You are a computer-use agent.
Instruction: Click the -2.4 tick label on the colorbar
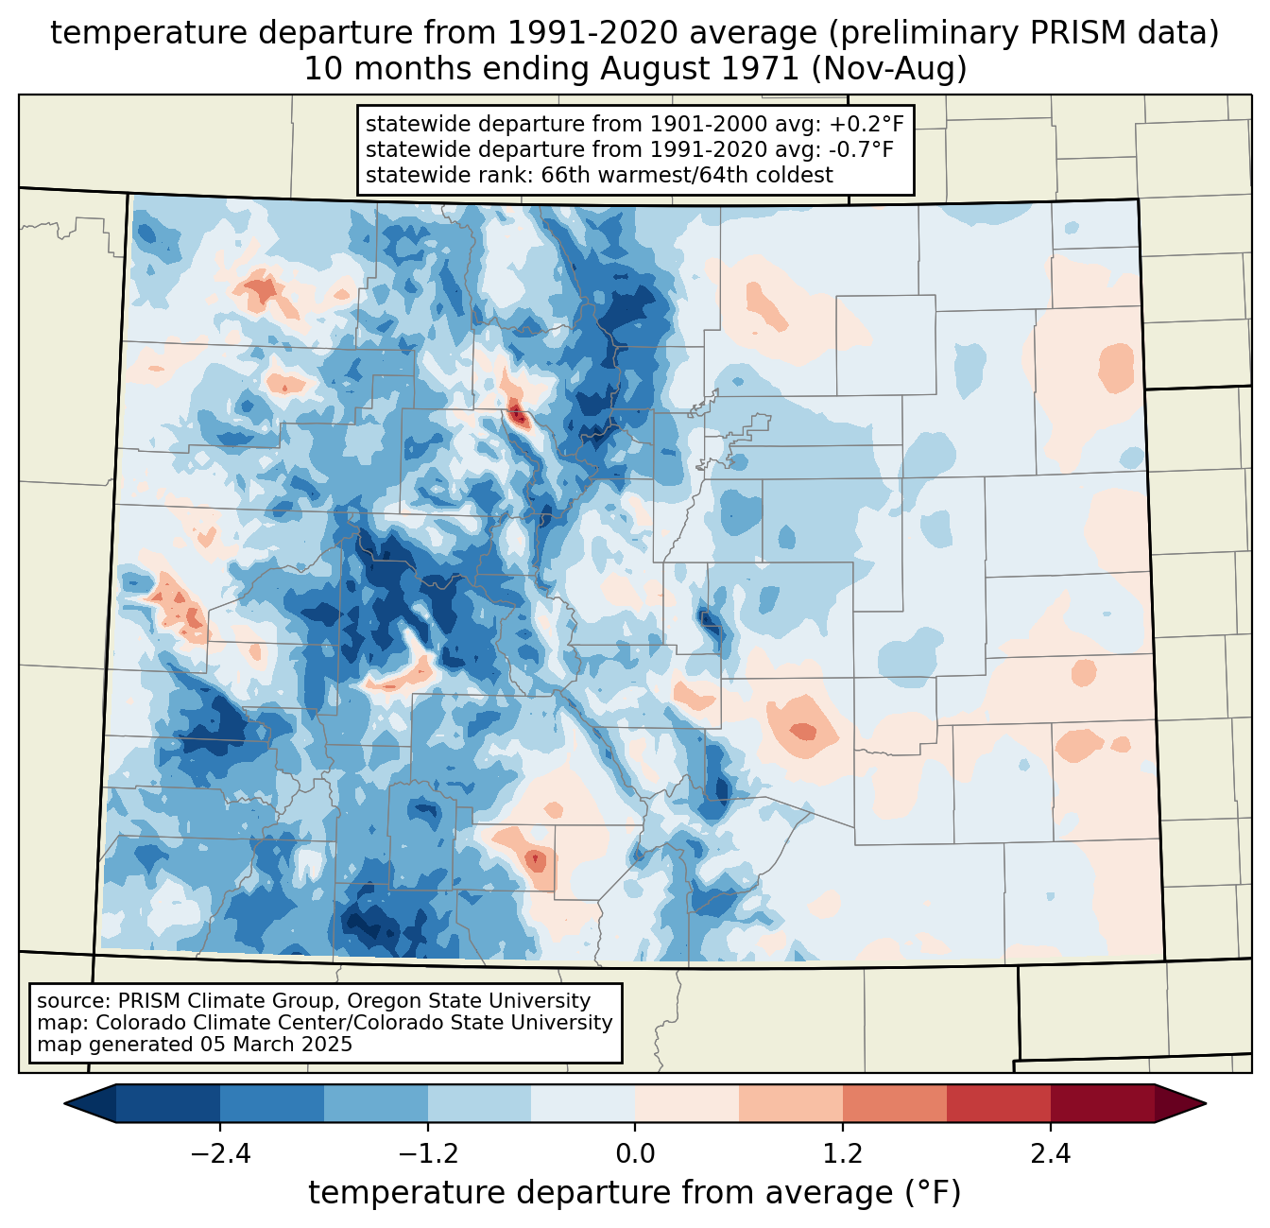tap(220, 1154)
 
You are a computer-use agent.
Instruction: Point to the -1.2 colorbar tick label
tap(427, 1154)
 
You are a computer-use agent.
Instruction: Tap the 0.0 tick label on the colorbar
tap(635, 1154)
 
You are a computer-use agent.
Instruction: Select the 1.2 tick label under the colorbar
tap(843, 1154)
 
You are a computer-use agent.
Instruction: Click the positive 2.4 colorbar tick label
tap(1050, 1154)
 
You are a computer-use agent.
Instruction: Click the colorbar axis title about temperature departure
tap(634, 1193)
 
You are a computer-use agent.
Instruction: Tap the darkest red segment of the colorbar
tap(1102, 1103)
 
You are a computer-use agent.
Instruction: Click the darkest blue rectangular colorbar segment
tap(168, 1103)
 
